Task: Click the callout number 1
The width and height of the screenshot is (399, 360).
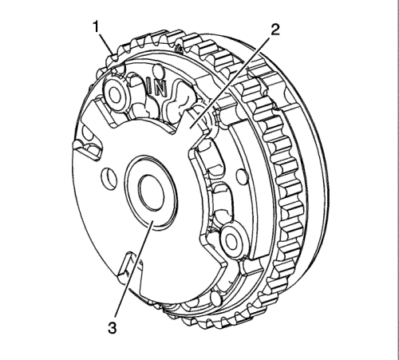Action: click(x=96, y=27)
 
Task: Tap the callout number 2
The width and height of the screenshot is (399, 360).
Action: click(x=275, y=30)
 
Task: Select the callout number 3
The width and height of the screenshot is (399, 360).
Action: click(x=113, y=328)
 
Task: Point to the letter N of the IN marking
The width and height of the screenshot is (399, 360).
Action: click(x=161, y=89)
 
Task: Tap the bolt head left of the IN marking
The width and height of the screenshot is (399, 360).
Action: click(x=115, y=95)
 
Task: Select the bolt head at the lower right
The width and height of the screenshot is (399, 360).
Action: click(x=232, y=239)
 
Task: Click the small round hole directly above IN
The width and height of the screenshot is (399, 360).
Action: click(x=158, y=71)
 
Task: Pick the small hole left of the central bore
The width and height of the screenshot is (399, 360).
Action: click(x=109, y=176)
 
